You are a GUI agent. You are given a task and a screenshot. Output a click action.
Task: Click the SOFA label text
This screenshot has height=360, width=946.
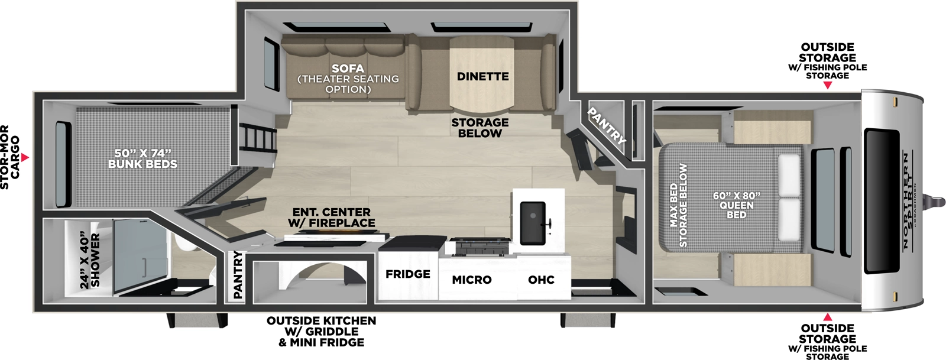click(348, 69)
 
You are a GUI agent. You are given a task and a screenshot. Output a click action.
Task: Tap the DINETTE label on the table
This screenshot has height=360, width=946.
click(482, 77)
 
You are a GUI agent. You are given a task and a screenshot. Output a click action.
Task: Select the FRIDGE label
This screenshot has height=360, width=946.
click(408, 274)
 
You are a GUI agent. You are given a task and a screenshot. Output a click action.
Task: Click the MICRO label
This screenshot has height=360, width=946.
click(472, 280)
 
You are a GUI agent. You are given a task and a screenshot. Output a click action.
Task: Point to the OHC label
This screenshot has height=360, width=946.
click(541, 280)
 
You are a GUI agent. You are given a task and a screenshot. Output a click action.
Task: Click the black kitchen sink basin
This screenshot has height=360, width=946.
click(532, 222)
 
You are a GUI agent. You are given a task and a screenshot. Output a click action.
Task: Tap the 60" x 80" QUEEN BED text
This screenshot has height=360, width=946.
click(736, 205)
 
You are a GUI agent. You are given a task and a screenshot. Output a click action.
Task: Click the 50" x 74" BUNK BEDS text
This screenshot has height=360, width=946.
click(142, 159)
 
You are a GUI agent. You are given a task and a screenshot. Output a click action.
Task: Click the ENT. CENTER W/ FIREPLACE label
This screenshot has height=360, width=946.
click(331, 218)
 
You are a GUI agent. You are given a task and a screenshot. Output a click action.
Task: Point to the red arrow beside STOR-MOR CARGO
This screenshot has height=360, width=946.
click(25, 158)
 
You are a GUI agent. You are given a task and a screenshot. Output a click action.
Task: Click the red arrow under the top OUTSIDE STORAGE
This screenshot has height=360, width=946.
click(827, 86)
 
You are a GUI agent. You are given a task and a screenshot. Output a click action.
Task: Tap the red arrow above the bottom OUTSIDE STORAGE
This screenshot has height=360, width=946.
click(827, 317)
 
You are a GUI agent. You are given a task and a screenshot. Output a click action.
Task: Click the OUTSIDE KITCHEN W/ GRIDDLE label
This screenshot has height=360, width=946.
click(321, 331)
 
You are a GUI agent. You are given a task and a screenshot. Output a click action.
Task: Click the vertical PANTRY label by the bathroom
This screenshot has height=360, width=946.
click(238, 274)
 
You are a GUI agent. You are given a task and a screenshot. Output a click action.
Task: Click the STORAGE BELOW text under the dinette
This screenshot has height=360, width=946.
click(480, 128)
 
